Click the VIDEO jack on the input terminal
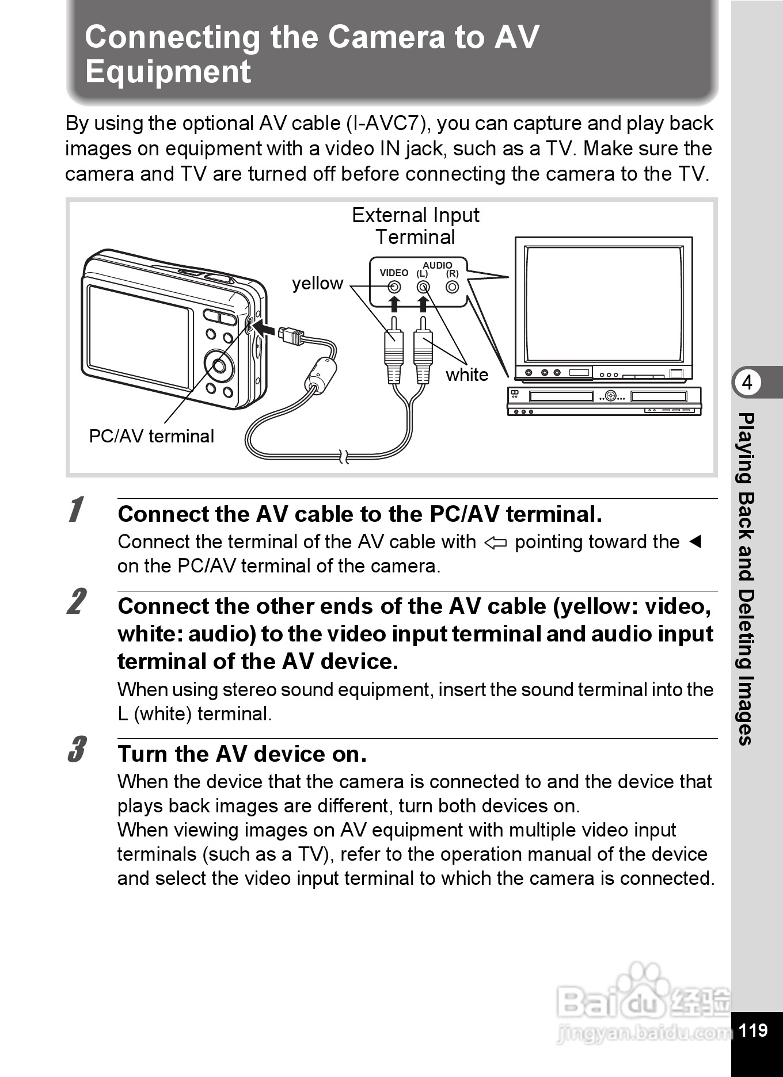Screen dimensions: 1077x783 click(394, 287)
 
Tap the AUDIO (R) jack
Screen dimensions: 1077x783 click(453, 287)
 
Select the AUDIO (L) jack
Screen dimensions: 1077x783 click(423, 287)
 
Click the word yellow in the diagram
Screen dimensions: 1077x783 click(317, 283)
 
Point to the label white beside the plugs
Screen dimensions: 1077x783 click(466, 375)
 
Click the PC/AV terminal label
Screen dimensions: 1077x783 click(151, 436)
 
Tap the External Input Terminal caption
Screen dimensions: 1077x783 click(415, 226)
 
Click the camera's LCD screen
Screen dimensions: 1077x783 click(140, 336)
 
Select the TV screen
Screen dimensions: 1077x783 click(604, 304)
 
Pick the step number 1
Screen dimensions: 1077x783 click(75, 510)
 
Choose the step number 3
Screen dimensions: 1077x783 click(75, 749)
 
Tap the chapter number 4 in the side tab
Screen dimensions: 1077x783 click(747, 383)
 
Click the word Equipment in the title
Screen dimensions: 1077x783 click(168, 72)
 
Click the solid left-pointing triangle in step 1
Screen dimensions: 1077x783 click(695, 542)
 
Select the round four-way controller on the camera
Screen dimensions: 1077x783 click(219, 365)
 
